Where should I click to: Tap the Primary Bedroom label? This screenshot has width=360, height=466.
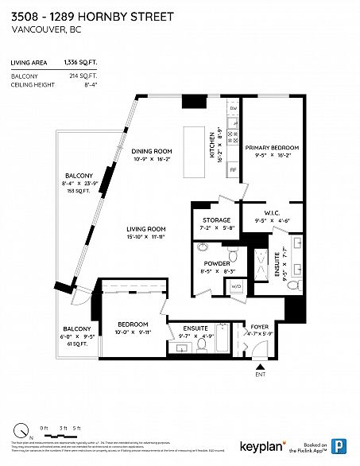pos(272,148)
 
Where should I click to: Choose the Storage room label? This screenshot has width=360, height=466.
pos(216,220)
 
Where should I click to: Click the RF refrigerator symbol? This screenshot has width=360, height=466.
pos(233,170)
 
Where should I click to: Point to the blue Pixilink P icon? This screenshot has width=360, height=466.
pos(339,445)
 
